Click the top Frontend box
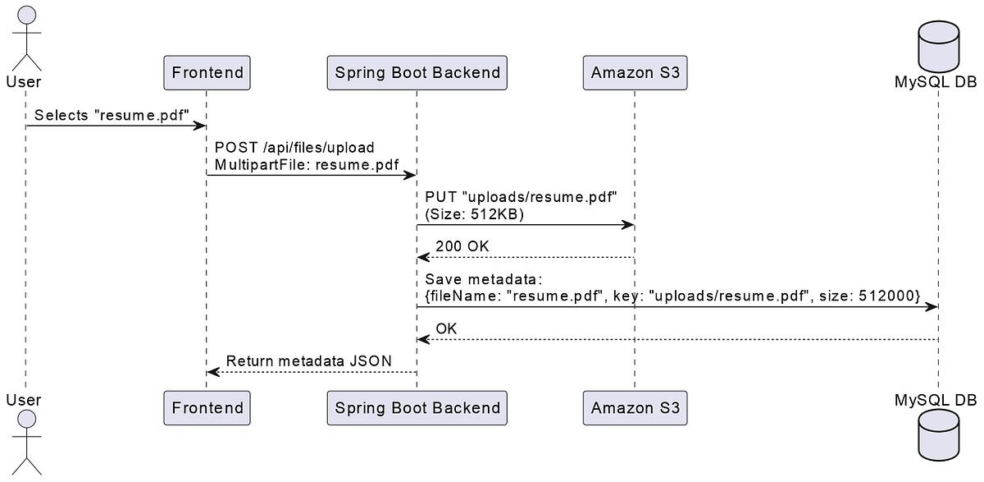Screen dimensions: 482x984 207,72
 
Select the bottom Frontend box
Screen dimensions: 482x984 207,407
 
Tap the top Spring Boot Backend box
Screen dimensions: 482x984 417,72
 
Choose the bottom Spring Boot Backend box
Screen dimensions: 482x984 417,407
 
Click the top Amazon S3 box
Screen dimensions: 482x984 635,72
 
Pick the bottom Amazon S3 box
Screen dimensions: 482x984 635,407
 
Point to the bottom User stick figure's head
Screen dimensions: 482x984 25,420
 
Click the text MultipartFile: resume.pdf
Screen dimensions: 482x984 307,165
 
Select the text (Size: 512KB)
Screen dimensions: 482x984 474,214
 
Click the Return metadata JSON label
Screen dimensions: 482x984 308,360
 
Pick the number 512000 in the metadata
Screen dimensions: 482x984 889,295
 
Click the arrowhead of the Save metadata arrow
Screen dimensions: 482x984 932,306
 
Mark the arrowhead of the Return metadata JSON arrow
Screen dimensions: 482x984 212,372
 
